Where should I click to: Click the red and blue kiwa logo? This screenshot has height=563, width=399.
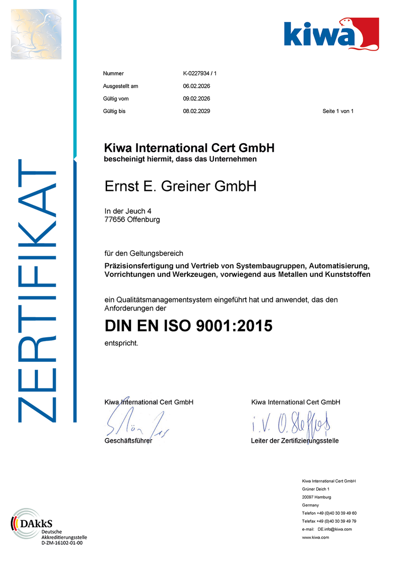(331, 33)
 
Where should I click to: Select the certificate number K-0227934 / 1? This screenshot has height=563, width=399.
(199, 74)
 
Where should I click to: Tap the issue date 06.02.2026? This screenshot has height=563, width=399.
(196, 86)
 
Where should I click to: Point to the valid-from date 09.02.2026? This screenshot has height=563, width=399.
(196, 99)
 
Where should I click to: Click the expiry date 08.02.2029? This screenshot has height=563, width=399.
(196, 112)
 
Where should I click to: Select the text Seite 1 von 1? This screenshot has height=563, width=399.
(337, 112)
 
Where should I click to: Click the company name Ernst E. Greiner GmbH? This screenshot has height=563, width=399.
(180, 187)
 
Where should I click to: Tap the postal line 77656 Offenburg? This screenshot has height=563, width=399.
(132, 219)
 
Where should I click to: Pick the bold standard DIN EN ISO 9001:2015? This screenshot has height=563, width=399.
(188, 326)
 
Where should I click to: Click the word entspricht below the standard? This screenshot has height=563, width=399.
(121, 343)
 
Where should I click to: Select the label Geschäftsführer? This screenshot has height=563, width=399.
(128, 441)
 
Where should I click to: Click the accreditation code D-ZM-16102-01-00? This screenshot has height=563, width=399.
(62, 543)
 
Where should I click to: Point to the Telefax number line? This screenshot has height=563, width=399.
(329, 521)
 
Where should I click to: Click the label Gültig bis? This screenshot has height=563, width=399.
(114, 112)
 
